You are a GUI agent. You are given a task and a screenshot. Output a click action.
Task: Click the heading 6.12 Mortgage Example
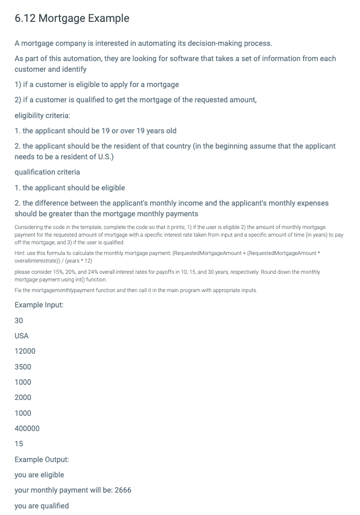72,18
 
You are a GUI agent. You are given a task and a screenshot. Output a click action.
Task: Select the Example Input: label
39,305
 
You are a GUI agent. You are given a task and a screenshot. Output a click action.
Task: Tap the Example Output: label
42,460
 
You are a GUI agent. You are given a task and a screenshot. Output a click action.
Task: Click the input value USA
21,336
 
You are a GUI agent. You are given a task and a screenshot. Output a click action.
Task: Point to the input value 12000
25,351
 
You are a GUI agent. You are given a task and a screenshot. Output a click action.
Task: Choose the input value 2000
23,397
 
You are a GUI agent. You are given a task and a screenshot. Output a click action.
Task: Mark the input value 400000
27,428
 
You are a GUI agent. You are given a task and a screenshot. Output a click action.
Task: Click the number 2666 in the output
123,490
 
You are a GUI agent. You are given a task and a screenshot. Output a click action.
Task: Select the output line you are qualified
42,506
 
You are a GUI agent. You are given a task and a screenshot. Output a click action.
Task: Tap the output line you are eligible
39,475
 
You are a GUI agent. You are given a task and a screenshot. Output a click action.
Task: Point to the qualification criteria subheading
47,172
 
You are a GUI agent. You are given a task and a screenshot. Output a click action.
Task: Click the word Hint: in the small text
20,253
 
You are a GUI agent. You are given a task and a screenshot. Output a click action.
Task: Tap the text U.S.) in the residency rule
104,157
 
